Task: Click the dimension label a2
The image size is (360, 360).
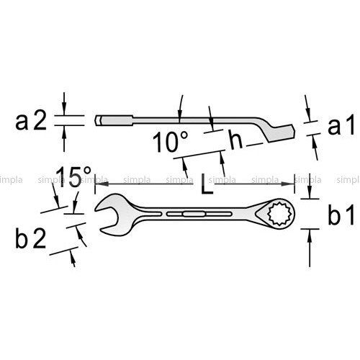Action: click(x=31, y=122)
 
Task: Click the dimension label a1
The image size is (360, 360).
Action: click(x=341, y=125)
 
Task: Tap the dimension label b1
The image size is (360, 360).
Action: click(x=341, y=215)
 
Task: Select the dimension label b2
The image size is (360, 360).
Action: click(x=30, y=238)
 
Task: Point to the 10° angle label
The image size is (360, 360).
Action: click(x=170, y=141)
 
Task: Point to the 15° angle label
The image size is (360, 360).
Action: click(x=73, y=177)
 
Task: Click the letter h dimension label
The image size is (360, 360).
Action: click(x=236, y=139)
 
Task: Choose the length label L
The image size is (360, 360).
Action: click(x=207, y=184)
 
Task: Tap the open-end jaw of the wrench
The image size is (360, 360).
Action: click(x=108, y=215)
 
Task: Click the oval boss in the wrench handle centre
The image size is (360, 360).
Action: click(x=194, y=214)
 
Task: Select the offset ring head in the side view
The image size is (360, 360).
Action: click(x=279, y=132)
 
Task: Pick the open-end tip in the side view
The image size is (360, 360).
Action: click(x=101, y=121)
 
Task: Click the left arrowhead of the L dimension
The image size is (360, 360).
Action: click(x=102, y=184)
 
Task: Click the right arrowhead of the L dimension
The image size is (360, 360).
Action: click(x=287, y=184)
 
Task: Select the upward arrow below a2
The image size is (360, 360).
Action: click(x=64, y=138)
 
